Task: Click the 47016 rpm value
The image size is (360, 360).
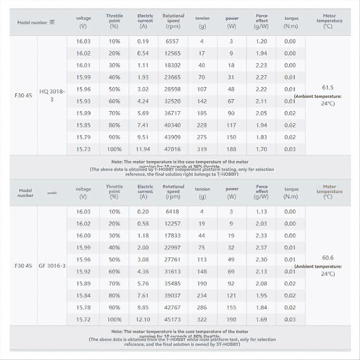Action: [172, 149]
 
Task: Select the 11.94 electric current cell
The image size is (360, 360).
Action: [143, 149]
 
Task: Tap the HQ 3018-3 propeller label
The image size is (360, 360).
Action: [52, 95]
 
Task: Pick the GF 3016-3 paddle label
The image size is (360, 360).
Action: [52, 265]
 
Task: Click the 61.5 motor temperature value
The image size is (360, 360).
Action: [328, 88]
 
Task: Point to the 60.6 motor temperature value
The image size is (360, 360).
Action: [328, 258]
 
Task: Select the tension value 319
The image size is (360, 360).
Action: [202, 149]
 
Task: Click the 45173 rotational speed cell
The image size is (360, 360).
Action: [172, 319]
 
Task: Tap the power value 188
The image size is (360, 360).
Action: [231, 149]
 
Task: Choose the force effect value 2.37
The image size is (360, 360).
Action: [261, 247]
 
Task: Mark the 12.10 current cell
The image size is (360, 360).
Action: [143, 319]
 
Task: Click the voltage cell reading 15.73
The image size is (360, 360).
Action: [83, 149]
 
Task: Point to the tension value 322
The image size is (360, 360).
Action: [202, 319]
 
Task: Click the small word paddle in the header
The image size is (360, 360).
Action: [52, 193]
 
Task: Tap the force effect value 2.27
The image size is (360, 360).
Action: [261, 77]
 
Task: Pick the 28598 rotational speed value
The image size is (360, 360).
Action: [172, 89]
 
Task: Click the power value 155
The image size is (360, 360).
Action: [231, 307]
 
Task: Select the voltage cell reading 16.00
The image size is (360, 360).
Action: [83, 235]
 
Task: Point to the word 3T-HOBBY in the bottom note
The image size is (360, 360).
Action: [227, 344]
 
